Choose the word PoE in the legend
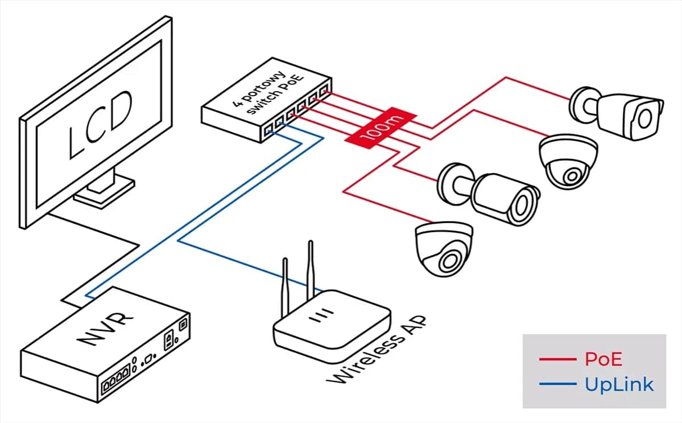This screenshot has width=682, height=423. pos(604,359)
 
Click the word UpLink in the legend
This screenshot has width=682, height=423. pos(619,385)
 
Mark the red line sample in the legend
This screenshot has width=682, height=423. pos(557,359)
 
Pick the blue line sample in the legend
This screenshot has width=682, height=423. pos(557,385)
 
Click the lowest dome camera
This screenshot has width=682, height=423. pos(444,248)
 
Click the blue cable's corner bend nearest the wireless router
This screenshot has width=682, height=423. pos(179,241)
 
